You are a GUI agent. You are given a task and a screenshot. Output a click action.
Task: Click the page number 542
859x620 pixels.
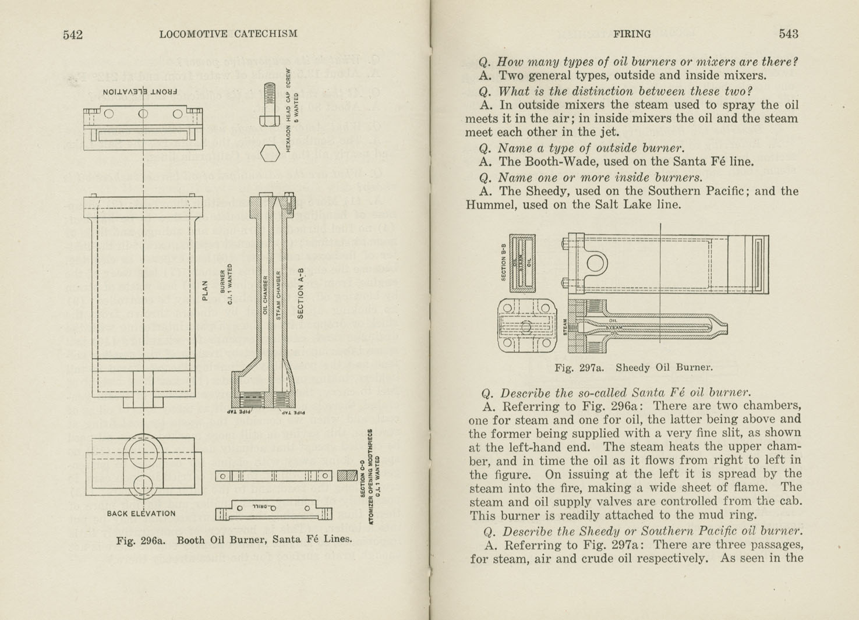pyautogui.click(x=73, y=34)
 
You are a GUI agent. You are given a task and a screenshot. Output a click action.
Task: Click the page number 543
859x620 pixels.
pyautogui.click(x=788, y=34)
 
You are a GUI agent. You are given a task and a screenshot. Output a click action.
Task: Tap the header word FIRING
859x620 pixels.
pyautogui.click(x=632, y=34)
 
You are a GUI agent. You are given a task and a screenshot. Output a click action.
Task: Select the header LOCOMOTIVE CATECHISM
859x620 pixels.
pyautogui.click(x=228, y=34)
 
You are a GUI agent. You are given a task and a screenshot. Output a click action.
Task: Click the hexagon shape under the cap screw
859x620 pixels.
pyautogui.click(x=270, y=154)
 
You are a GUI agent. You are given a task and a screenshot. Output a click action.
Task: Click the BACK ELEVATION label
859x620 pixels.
pyautogui.click(x=141, y=513)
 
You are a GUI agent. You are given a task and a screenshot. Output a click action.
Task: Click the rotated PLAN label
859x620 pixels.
pyautogui.click(x=204, y=290)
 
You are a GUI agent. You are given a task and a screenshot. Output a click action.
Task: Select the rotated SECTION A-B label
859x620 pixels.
pyautogui.click(x=301, y=293)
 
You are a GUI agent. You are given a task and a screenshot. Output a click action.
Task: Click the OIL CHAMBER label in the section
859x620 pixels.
pyautogui.click(x=265, y=295)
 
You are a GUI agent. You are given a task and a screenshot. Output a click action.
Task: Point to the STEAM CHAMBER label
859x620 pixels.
pyautogui.click(x=278, y=295)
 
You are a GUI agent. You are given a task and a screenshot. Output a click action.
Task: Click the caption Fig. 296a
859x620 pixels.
pyautogui.click(x=141, y=540)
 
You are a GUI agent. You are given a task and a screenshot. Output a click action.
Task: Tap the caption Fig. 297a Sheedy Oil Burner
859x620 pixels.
pyautogui.click(x=633, y=367)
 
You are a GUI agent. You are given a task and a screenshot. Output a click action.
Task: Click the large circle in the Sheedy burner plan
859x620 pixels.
pyautogui.click(x=597, y=263)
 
